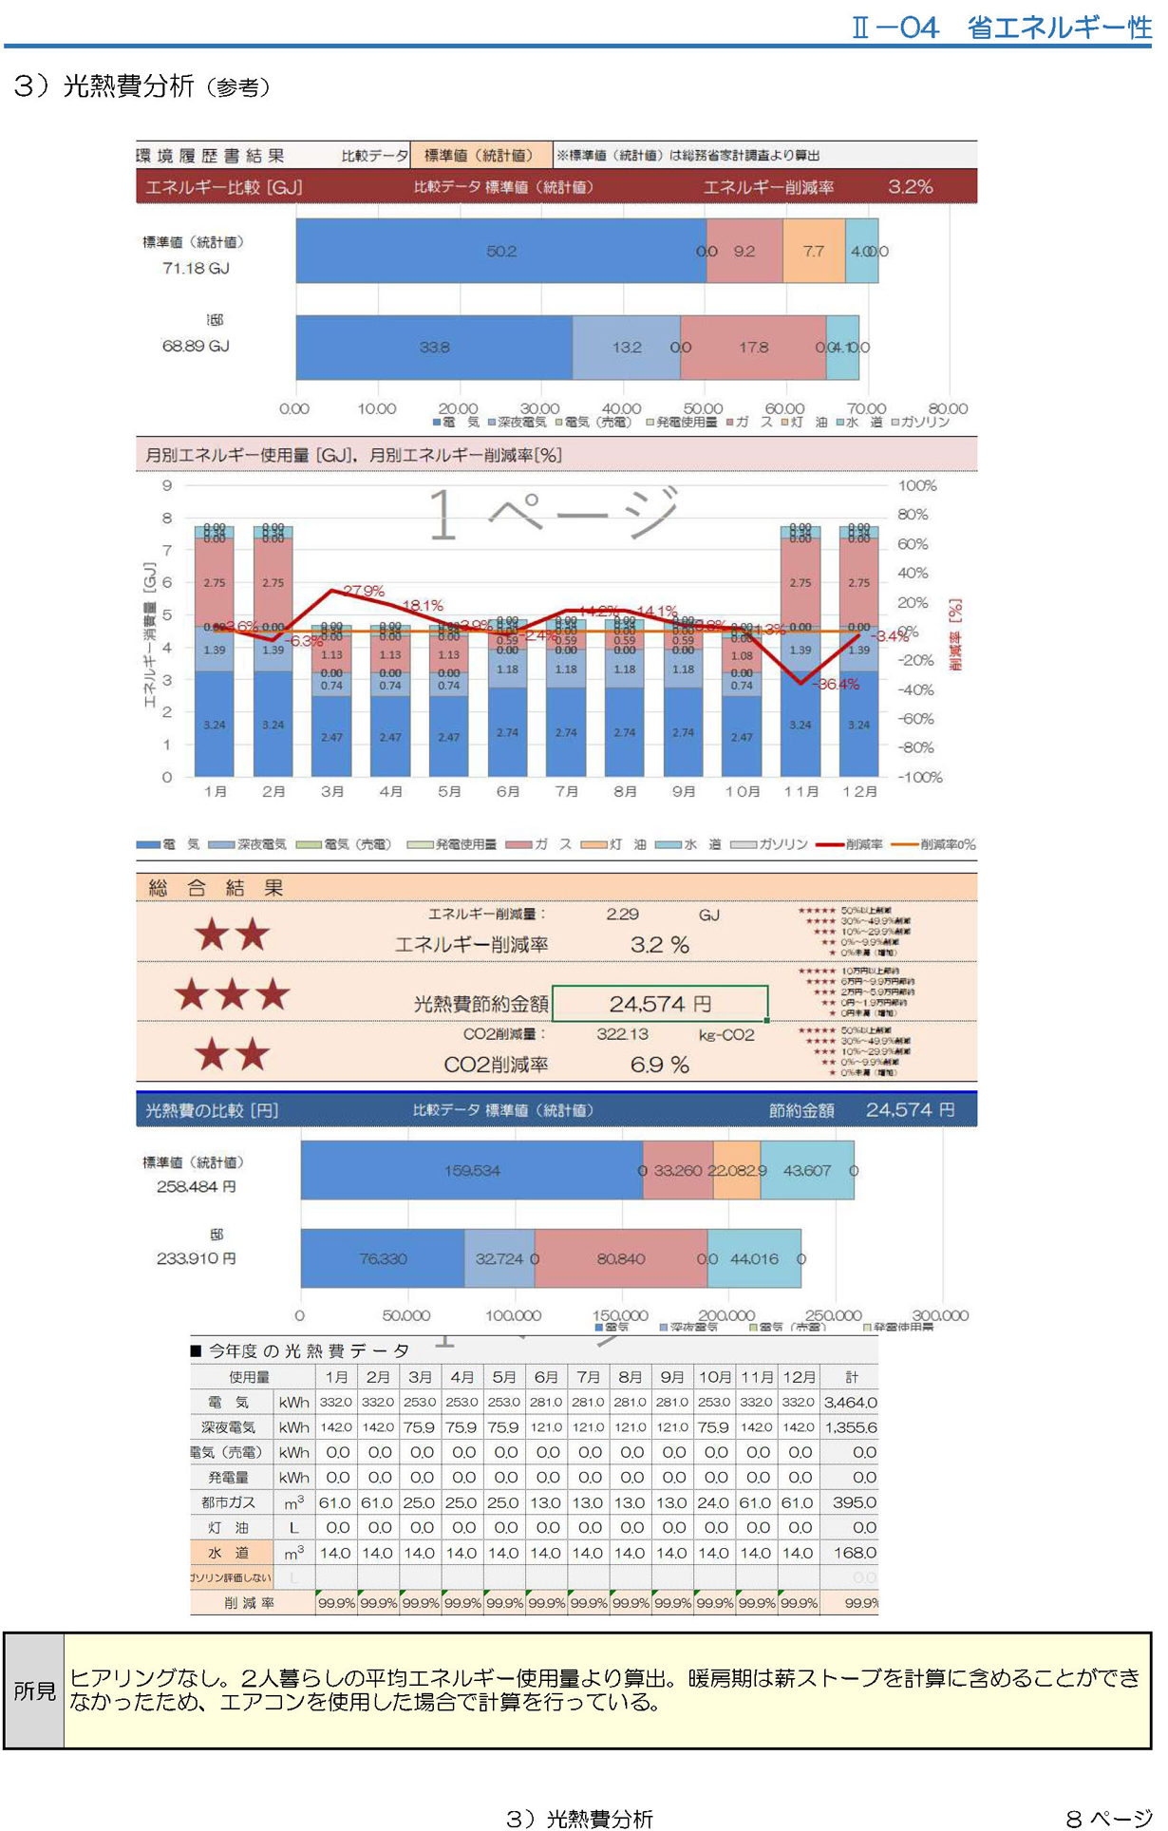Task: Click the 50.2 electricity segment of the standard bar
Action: point(501,251)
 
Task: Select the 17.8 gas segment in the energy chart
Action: point(753,348)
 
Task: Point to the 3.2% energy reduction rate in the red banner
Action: point(910,187)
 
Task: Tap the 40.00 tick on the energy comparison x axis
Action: point(621,408)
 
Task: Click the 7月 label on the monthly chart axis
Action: point(566,791)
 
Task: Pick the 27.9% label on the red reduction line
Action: point(364,591)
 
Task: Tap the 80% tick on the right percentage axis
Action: point(913,515)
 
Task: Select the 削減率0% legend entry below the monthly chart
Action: point(935,844)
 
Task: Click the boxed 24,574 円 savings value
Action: point(660,1004)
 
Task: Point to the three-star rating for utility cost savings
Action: point(232,994)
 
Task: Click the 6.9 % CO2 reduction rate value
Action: point(659,1065)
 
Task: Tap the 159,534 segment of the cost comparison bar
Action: point(472,1171)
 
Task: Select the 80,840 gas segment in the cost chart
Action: point(621,1258)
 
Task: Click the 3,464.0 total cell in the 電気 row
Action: point(850,1402)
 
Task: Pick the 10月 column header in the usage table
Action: point(715,1377)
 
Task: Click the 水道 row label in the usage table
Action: point(228,1553)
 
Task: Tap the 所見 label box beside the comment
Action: point(34,1690)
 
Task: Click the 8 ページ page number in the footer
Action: point(1108,1818)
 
